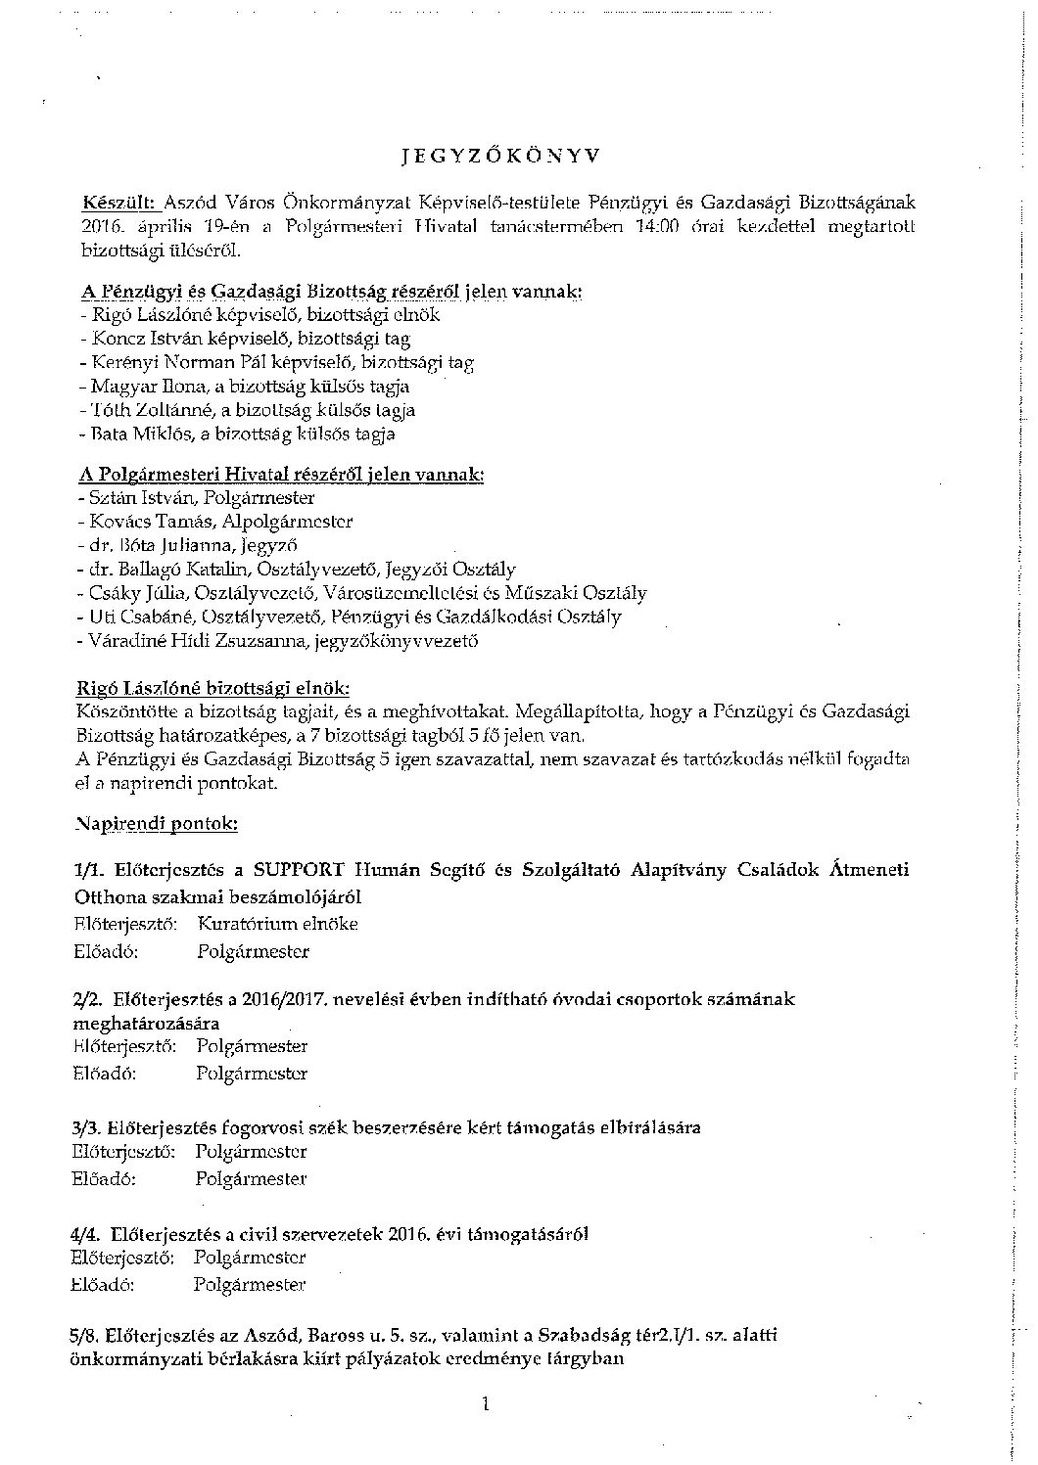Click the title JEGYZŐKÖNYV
click(501, 155)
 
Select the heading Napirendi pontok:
click(157, 824)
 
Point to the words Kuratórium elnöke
click(277, 924)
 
